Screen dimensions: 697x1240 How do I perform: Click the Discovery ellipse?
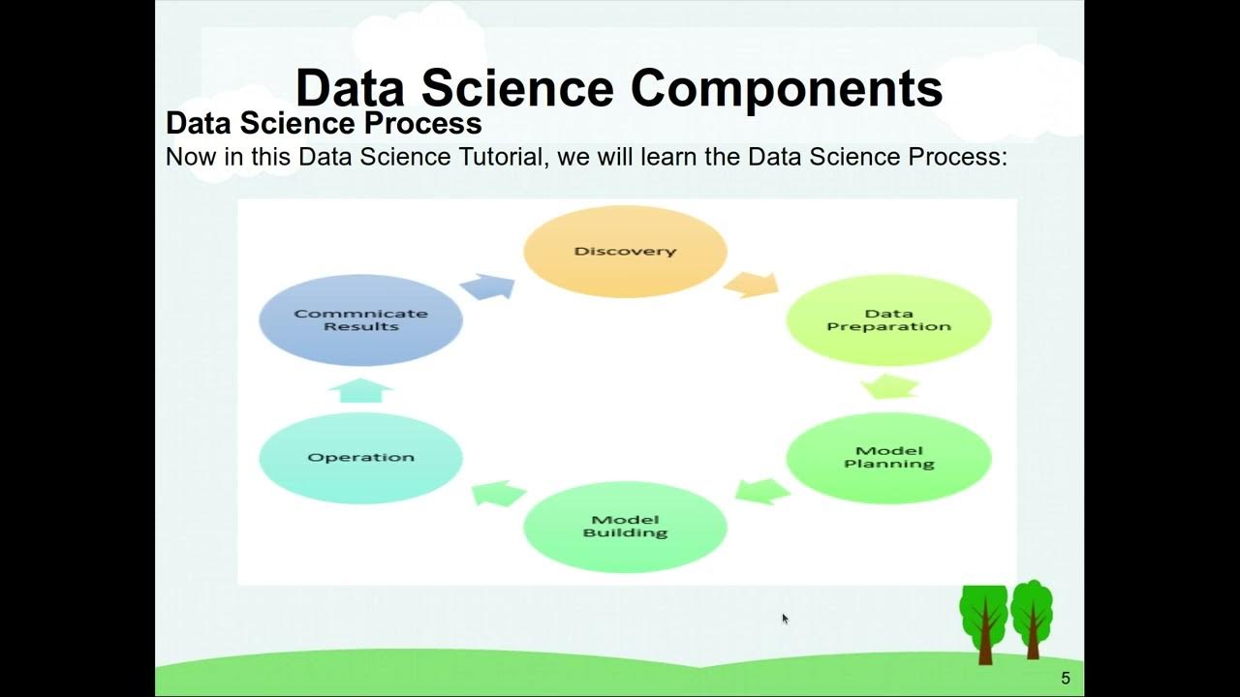[x=625, y=252]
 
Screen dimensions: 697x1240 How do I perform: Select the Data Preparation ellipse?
[x=888, y=320]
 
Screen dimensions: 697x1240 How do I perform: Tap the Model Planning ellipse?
[x=888, y=458]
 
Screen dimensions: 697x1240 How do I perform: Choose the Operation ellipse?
[x=360, y=458]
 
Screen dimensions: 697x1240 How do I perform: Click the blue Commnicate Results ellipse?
[x=360, y=320]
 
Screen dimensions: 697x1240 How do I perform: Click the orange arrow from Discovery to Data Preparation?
[x=751, y=285]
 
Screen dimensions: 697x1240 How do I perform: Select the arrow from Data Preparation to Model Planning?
[x=889, y=387]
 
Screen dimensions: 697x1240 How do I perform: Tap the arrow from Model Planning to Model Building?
[x=762, y=490]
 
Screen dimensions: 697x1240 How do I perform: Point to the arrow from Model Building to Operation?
[x=498, y=494]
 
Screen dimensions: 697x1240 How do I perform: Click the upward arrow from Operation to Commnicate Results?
[x=360, y=390]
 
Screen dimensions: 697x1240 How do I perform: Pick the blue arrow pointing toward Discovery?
[x=487, y=287]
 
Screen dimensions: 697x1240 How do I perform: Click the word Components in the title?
[x=786, y=89]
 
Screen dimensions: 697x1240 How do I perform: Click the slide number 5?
[x=1066, y=679]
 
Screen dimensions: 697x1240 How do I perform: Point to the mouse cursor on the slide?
[x=785, y=619]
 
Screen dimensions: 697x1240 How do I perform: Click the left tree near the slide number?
[x=984, y=620]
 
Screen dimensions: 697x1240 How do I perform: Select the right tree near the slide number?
[x=1032, y=618]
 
